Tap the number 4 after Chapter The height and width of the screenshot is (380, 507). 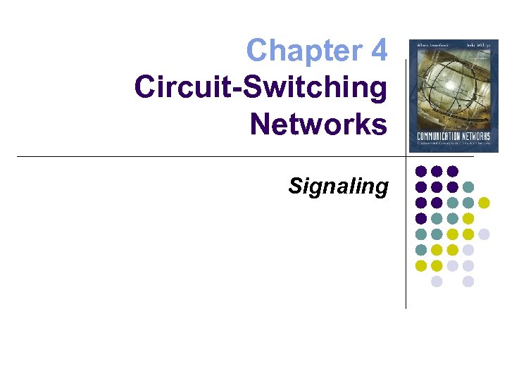tap(378, 50)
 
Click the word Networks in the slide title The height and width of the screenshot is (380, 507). tap(318, 125)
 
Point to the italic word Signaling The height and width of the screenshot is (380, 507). tap(338, 186)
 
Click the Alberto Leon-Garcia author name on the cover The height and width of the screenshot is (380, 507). tap(430, 46)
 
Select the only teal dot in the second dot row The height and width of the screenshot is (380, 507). tap(468, 187)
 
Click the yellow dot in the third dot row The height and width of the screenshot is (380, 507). tap(484, 203)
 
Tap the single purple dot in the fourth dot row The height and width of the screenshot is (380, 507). tap(421, 218)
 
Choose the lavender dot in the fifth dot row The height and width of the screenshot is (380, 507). tap(484, 234)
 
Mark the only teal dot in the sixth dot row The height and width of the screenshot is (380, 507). tap(421, 250)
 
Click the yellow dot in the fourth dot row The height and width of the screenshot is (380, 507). tap(468, 218)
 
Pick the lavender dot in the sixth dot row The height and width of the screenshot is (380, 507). tap(468, 250)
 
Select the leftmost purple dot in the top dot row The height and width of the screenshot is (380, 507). tap(421, 171)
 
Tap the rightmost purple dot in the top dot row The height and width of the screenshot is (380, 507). tap(453, 171)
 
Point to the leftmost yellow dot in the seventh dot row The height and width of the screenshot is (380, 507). tap(421, 265)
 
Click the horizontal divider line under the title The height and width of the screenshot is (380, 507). tap(211, 156)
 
